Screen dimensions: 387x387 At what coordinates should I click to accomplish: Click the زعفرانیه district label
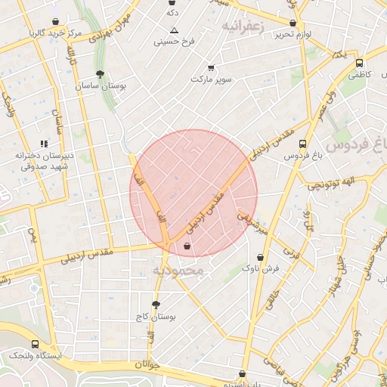coord(244,26)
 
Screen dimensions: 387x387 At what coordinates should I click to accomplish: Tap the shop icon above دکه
coord(172,2)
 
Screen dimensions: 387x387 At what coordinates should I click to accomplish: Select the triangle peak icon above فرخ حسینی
coord(174,30)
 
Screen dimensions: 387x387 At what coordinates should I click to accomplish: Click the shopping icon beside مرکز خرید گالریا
coord(56,22)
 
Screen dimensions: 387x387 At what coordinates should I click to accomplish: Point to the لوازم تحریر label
coord(294,35)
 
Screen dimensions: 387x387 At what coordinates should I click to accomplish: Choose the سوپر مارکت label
coord(211,79)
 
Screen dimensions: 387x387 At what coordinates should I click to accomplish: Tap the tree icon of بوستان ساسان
coord(100,74)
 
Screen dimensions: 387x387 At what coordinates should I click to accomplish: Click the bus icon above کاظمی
coord(358,63)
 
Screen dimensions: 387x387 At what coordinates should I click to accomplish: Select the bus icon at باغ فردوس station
coord(302,143)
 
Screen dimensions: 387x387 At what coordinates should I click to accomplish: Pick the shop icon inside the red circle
coord(187,245)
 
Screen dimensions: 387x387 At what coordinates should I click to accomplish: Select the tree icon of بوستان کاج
coord(156,305)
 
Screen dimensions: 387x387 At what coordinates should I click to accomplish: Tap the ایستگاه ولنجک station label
coord(38,354)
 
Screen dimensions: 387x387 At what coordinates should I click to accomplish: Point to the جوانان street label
coord(148,364)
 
